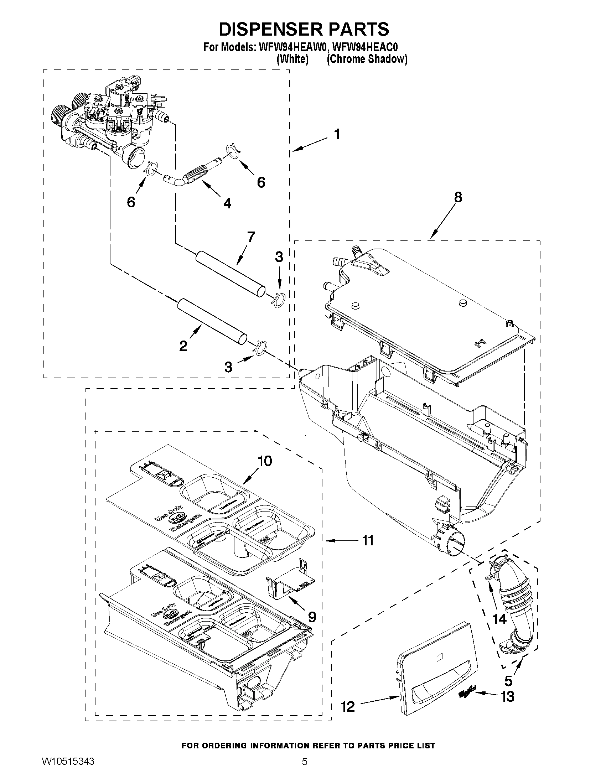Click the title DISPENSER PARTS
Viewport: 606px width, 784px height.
click(x=304, y=30)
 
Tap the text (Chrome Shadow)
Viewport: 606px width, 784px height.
click(x=367, y=59)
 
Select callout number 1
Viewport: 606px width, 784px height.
click(x=336, y=135)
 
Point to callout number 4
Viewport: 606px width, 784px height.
click(x=227, y=203)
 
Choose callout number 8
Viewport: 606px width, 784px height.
click(x=458, y=197)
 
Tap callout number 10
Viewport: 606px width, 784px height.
click(x=265, y=461)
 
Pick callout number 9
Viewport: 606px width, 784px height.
click(x=312, y=617)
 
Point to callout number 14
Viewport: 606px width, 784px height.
click(x=499, y=618)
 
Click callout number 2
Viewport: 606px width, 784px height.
click(x=183, y=346)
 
